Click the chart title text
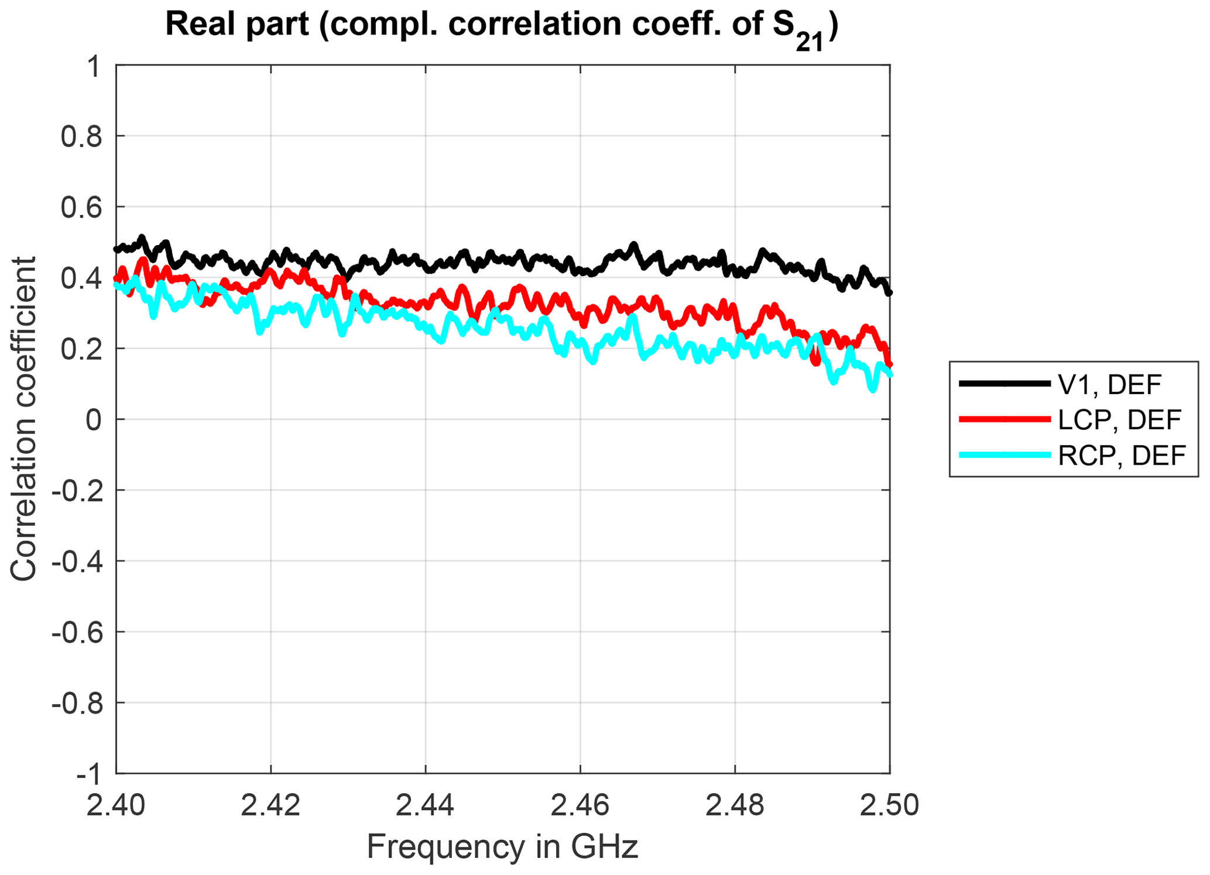coord(502,26)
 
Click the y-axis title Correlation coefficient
coord(23,419)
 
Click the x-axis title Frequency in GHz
coord(502,846)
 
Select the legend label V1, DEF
coord(1109,385)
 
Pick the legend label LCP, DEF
coord(1120,420)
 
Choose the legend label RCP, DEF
coord(1122,455)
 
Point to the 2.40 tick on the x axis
coord(116,806)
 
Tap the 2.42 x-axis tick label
coord(270,806)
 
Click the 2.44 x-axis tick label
coord(426,806)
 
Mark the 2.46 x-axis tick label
coord(580,806)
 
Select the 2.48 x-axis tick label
coord(735,806)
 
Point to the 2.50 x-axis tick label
coord(889,806)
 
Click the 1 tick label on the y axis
coord(94,67)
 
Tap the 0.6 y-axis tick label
coord(81,208)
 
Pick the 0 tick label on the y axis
coord(94,420)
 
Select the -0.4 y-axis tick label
coord(77,561)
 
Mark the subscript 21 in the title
coord(809,42)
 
